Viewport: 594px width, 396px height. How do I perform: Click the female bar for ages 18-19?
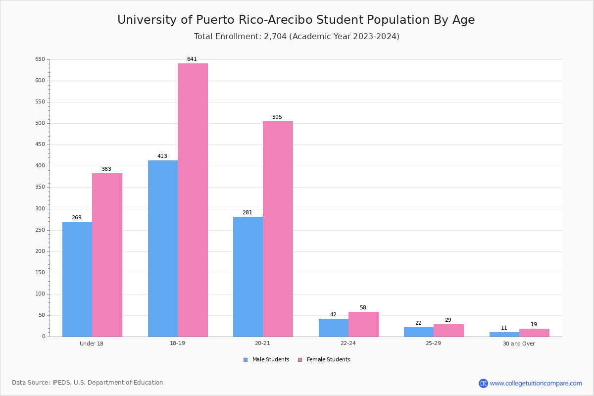pos(193,200)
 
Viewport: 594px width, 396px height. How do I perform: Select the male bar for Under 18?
pos(77,279)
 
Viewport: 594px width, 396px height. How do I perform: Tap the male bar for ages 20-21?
pos(248,277)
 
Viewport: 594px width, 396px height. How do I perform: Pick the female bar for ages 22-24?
pos(363,324)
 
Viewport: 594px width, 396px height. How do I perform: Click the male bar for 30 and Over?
pos(504,335)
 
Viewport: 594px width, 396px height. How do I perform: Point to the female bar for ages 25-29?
pos(448,331)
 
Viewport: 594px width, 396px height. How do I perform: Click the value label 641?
pos(192,59)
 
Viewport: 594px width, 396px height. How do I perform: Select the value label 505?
pos(277,117)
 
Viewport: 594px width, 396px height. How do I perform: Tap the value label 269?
pos(77,217)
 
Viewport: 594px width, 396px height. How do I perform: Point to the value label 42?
pos(333,314)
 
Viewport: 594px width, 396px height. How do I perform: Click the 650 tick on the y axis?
pos(40,59)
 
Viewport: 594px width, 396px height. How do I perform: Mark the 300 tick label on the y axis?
pos(40,209)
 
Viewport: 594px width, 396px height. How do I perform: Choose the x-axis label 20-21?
pos(262,343)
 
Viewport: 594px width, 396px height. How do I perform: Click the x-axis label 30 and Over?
pos(519,344)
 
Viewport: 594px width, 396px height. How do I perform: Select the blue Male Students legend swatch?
pos(246,360)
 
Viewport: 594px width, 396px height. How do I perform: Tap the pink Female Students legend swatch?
pos(300,360)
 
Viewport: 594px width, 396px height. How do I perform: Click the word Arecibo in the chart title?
pos(290,20)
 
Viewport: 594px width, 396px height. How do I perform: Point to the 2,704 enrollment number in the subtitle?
pos(275,36)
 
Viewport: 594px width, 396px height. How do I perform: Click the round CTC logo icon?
pos(483,383)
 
